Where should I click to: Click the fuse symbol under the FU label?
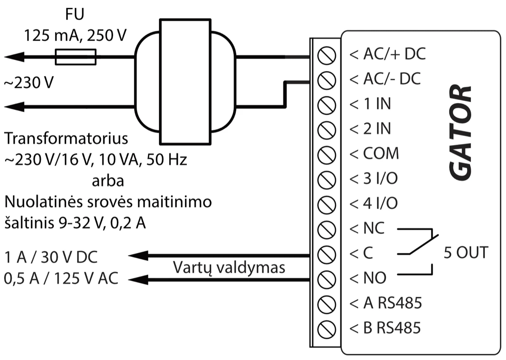click(76, 57)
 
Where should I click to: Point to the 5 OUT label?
click(466, 253)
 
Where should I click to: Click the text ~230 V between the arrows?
click(28, 83)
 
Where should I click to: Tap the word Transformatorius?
click(66, 138)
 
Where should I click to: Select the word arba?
click(108, 181)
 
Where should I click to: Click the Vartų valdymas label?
click(229, 267)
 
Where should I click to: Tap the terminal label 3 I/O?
click(374, 179)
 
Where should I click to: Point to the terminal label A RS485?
click(386, 303)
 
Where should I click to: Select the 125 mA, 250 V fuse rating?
click(75, 36)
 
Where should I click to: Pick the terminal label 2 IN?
click(371, 129)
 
